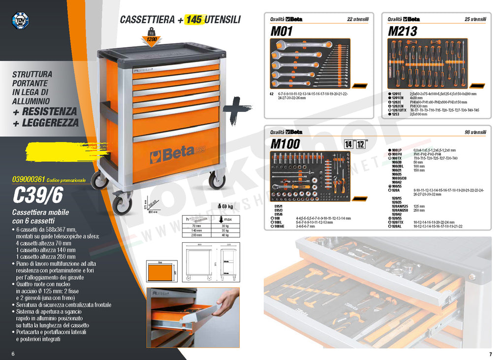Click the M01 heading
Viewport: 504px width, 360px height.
[282, 32]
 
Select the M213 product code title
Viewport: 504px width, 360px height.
[403, 32]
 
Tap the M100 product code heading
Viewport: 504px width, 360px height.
[285, 144]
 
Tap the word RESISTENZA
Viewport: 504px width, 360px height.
[49, 112]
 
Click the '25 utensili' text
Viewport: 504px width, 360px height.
[475, 19]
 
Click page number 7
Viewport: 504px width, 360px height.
[490, 354]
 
